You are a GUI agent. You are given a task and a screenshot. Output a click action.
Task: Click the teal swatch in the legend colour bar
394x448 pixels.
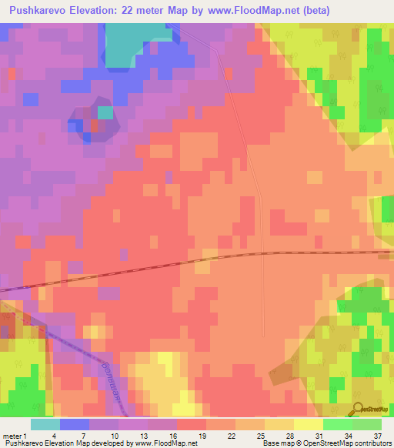[45, 424]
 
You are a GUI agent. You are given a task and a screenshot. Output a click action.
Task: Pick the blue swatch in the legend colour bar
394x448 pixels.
[75, 424]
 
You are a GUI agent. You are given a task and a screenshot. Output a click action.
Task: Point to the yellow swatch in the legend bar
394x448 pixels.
[309, 424]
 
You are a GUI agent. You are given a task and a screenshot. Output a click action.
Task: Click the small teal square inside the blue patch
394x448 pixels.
[105, 112]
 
